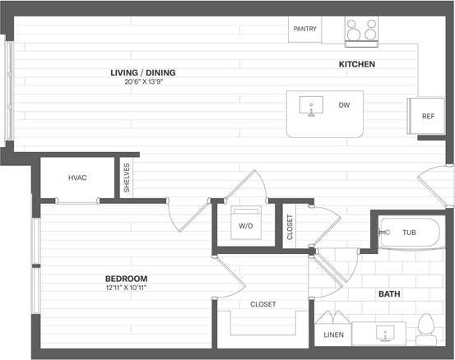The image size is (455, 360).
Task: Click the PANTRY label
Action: (x=304, y=29)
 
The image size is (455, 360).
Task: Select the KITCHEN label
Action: (x=357, y=64)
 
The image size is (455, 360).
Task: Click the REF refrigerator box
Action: (x=427, y=116)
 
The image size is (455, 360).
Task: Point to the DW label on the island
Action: (x=344, y=105)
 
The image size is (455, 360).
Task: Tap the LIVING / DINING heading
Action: (x=143, y=72)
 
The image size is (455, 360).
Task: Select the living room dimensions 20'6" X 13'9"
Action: (x=143, y=81)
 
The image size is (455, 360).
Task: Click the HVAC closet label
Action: (x=77, y=178)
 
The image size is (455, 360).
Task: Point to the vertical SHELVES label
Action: (x=127, y=178)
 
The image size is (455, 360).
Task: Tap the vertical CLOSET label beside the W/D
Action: (x=289, y=227)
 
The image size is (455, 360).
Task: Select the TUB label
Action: (x=409, y=233)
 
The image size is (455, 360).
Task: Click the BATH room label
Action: (x=389, y=293)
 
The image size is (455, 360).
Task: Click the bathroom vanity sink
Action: (x=384, y=335)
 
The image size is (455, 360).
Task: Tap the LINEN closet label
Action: (x=333, y=335)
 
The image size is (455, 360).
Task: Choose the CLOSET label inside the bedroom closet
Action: (x=263, y=304)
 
